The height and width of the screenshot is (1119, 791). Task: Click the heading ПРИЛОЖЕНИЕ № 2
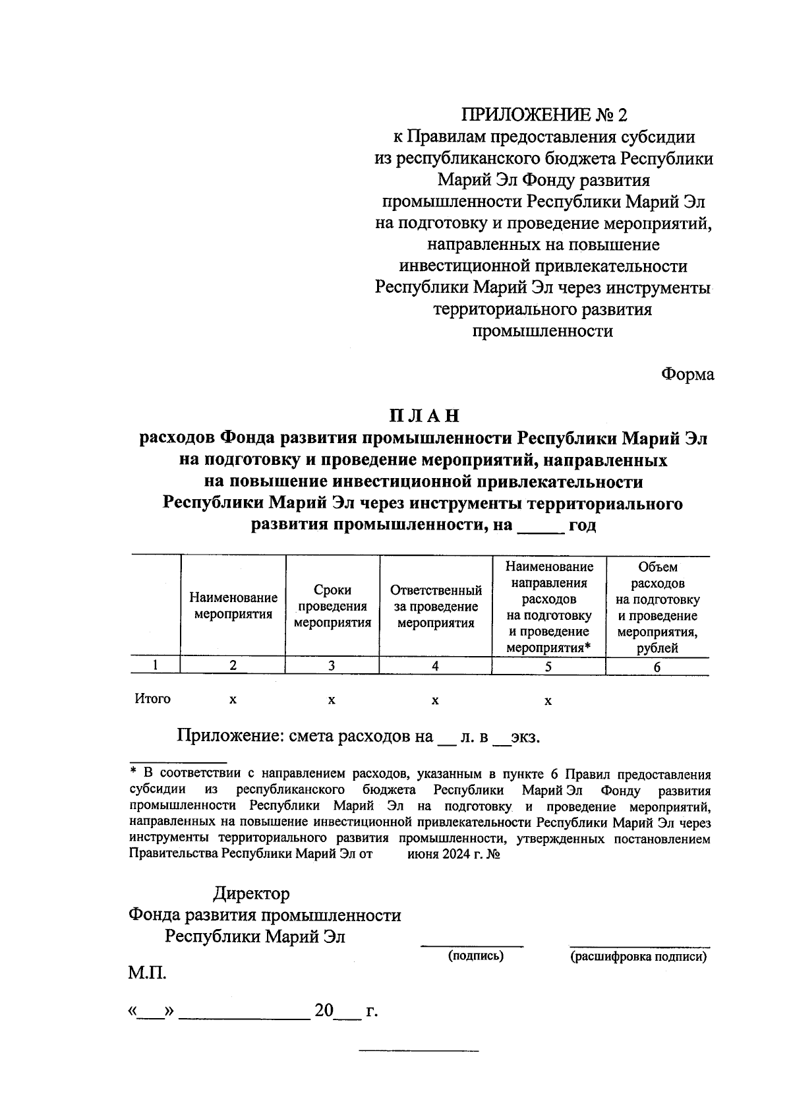tap(544, 115)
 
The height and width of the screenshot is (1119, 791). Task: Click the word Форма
tap(688, 375)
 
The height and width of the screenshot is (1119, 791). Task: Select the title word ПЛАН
tap(423, 417)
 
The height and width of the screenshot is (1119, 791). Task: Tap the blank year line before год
tap(541, 526)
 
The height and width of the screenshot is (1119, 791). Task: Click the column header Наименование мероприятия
tap(233, 606)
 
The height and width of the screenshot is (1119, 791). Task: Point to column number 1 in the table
tap(155, 665)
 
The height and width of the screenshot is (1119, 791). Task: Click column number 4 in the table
tap(435, 666)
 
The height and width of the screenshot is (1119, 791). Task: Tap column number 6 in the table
tap(657, 667)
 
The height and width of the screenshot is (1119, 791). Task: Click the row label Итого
tap(152, 699)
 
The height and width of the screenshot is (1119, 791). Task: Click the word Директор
tap(251, 894)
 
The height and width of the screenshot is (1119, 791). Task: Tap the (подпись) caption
tap(475, 956)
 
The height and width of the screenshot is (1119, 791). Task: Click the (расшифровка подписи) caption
tap(638, 957)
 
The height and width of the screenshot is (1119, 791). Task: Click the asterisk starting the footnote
tap(133, 771)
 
